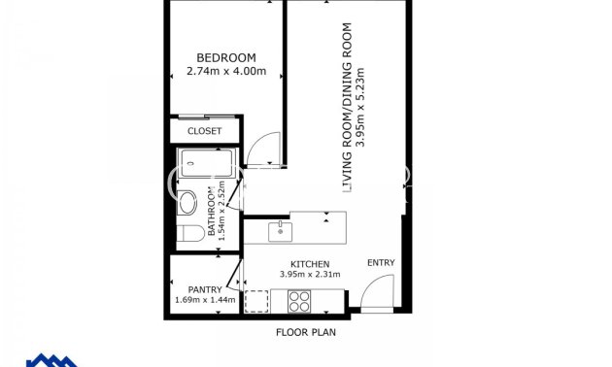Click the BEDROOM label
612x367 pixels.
[x=225, y=56]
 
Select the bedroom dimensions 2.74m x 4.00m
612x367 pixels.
[x=225, y=70]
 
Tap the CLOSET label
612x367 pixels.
[x=204, y=131]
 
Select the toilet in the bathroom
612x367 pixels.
[x=188, y=233]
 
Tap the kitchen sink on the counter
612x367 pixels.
[x=280, y=230]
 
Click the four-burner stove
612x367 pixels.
[x=298, y=301]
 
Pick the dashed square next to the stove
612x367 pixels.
[x=257, y=301]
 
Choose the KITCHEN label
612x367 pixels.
[x=311, y=264]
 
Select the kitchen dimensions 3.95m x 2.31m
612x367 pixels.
[x=311, y=276]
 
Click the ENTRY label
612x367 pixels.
[x=380, y=263]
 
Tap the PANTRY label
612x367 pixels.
[x=204, y=289]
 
